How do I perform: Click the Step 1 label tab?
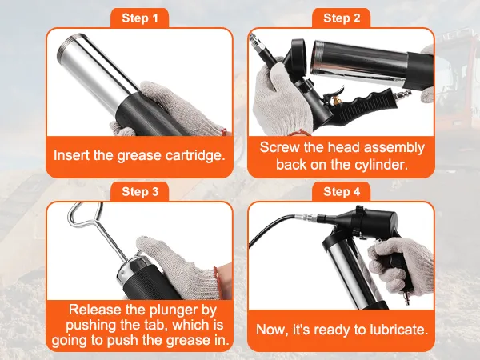pos(139,18)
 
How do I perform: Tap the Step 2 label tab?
pos(342,18)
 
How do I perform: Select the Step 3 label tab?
pos(139,192)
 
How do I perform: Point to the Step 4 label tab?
pos(342,192)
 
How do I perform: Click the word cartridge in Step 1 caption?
pos(195,155)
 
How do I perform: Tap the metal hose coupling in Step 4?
pos(306,218)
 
